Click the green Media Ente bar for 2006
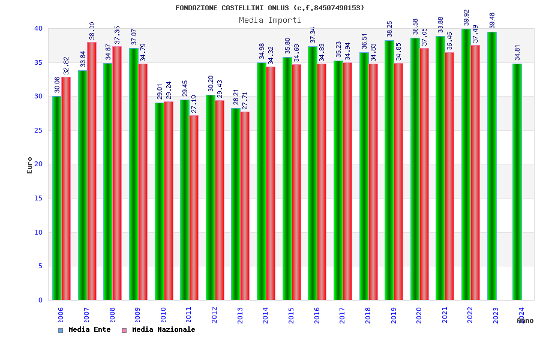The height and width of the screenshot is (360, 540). click(56, 198)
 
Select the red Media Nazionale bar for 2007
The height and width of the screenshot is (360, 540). click(92, 171)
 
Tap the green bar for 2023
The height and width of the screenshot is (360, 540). click(492, 166)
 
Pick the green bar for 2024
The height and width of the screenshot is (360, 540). click(517, 182)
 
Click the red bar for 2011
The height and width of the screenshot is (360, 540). click(194, 208)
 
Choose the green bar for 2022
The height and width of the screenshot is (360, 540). click(466, 164)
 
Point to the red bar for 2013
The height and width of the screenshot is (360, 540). click(245, 206)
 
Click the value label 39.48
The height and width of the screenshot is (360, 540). click(493, 20)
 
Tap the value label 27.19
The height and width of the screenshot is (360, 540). click(194, 104)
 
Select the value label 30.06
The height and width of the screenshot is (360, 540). click(57, 85)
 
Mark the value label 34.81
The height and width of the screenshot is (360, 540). click(518, 53)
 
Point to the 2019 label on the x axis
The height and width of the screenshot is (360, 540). click(394, 316)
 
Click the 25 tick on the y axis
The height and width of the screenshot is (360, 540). click(38, 130)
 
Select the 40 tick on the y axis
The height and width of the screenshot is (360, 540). click(38, 28)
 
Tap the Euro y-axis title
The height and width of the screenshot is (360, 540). click(30, 165)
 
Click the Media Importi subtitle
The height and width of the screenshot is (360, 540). click(270, 20)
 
